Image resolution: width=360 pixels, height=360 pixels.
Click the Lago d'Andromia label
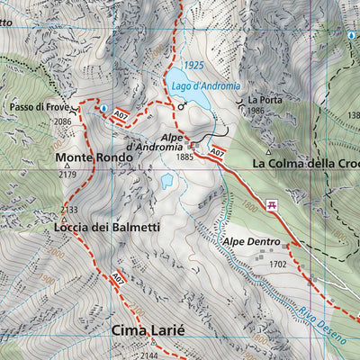coord(206,86)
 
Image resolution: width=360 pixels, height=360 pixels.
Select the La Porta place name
coord(265,99)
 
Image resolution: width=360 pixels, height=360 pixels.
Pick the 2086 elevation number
coord(62,121)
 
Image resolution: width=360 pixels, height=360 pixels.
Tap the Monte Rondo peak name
coord(94,157)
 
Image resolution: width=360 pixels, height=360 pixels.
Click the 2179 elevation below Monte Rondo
coord(67,174)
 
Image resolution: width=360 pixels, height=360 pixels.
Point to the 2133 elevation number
coord(68,210)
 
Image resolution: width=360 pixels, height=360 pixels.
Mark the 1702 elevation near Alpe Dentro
coord(277,265)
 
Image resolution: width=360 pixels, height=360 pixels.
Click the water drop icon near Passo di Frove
coord(103,108)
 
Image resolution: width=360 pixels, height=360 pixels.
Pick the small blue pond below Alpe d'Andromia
coord(166,181)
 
